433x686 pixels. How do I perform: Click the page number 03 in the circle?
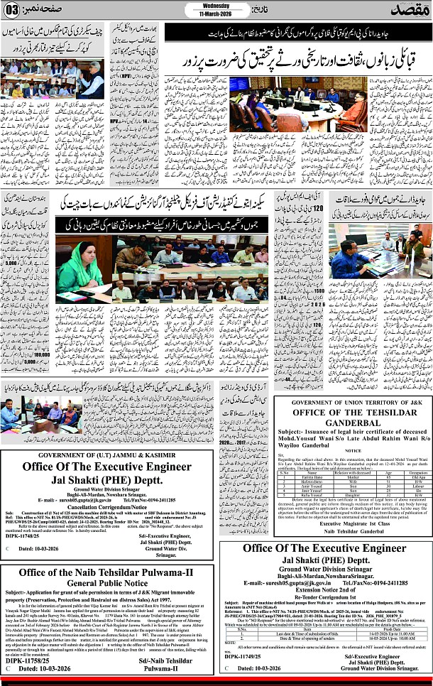[13, 10]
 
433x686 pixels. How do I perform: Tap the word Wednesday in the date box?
[217, 6]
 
